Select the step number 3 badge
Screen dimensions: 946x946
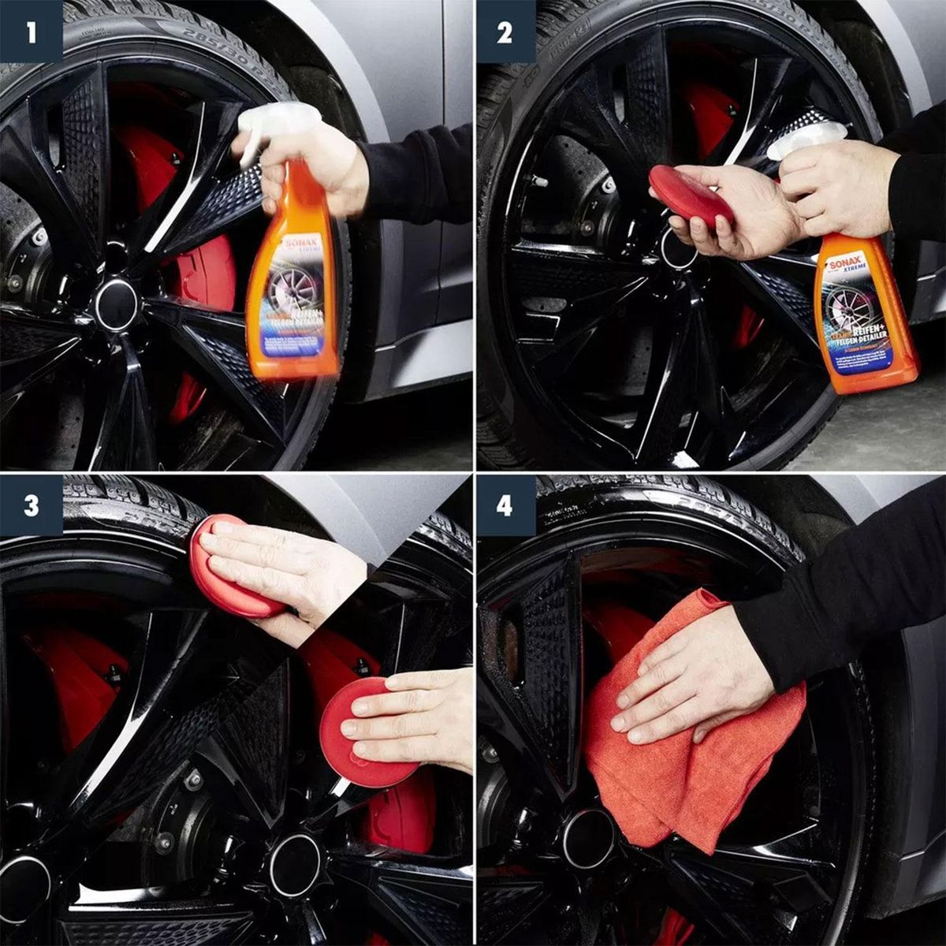31,505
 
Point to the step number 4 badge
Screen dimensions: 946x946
505,505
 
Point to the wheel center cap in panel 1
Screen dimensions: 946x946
117,304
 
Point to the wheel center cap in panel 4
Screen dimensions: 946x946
587,837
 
